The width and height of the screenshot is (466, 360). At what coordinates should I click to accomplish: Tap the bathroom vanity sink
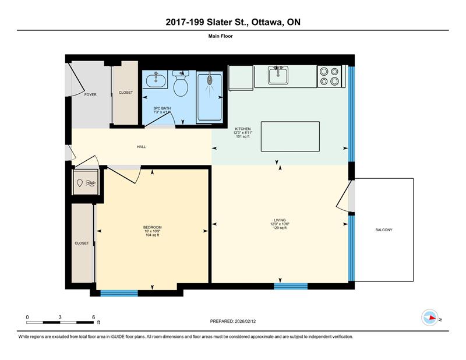156,80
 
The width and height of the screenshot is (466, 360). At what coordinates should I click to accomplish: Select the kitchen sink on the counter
279,75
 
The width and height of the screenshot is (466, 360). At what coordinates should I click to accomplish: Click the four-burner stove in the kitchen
329,76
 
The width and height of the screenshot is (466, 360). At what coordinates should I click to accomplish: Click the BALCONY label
384,230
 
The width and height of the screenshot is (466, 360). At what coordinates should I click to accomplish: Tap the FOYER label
90,94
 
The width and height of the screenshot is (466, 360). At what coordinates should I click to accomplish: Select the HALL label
141,147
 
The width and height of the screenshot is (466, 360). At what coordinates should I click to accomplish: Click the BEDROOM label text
152,227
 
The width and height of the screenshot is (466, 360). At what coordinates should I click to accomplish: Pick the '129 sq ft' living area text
280,228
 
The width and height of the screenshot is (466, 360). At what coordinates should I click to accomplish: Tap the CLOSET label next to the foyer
126,93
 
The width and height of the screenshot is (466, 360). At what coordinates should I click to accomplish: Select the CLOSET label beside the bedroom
82,243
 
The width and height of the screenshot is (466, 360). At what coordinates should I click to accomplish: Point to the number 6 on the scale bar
93,317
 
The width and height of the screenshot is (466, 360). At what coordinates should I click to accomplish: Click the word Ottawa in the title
267,22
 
